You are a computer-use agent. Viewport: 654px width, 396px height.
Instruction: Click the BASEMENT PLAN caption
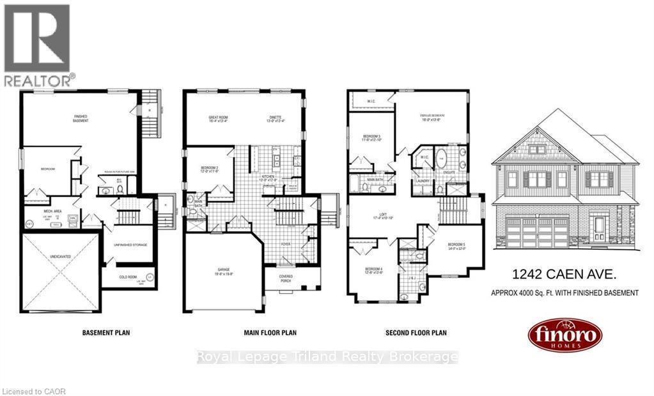click(x=106, y=333)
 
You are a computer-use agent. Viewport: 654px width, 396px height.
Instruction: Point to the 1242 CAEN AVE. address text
click(x=563, y=275)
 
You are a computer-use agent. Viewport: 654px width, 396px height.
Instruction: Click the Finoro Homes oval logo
click(x=564, y=335)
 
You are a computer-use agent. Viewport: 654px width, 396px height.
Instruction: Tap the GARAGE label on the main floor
click(x=222, y=270)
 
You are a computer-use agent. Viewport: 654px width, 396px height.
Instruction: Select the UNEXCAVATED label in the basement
click(x=61, y=257)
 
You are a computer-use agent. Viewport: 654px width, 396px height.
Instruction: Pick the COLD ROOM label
click(x=128, y=277)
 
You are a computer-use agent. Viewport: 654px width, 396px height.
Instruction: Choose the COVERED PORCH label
click(x=286, y=278)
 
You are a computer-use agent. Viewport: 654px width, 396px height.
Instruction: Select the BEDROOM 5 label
click(x=456, y=247)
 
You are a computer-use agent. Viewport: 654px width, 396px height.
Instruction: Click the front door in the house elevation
click(x=598, y=228)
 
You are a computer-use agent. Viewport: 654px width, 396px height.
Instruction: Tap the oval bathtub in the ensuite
click(x=442, y=157)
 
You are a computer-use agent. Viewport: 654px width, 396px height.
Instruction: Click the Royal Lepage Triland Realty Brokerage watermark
click(x=327, y=356)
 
